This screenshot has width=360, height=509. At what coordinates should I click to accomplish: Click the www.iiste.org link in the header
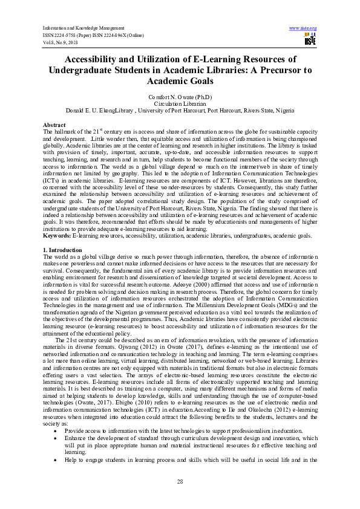coord(303,28)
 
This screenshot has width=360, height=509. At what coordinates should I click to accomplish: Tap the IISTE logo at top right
coord(310,41)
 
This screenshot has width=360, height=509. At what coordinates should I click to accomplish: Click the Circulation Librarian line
coord(180,104)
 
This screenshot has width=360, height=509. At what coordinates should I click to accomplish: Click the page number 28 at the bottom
coord(180,481)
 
